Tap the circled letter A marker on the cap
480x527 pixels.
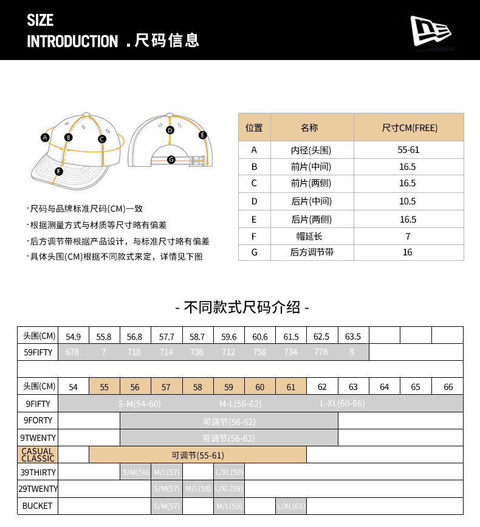[x=44, y=138]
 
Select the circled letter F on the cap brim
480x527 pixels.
[x=59, y=172]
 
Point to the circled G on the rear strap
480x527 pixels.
[x=171, y=159]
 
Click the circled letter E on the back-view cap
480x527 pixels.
[x=203, y=135]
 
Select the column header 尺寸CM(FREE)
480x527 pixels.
[x=409, y=128]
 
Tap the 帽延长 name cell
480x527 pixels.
[x=311, y=237]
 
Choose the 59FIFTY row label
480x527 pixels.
[x=38, y=352]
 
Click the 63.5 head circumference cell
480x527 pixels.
[x=353, y=337]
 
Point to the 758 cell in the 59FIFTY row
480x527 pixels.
[x=259, y=352]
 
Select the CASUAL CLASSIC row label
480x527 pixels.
[x=38, y=455]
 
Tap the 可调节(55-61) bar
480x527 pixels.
[x=197, y=455]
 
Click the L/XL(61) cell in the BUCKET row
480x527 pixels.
[x=291, y=506]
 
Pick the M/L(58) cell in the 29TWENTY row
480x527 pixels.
[x=197, y=489]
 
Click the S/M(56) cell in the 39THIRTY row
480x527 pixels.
[x=135, y=472]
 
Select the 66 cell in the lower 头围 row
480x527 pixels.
[x=448, y=387]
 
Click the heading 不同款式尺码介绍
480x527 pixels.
[x=242, y=307]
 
